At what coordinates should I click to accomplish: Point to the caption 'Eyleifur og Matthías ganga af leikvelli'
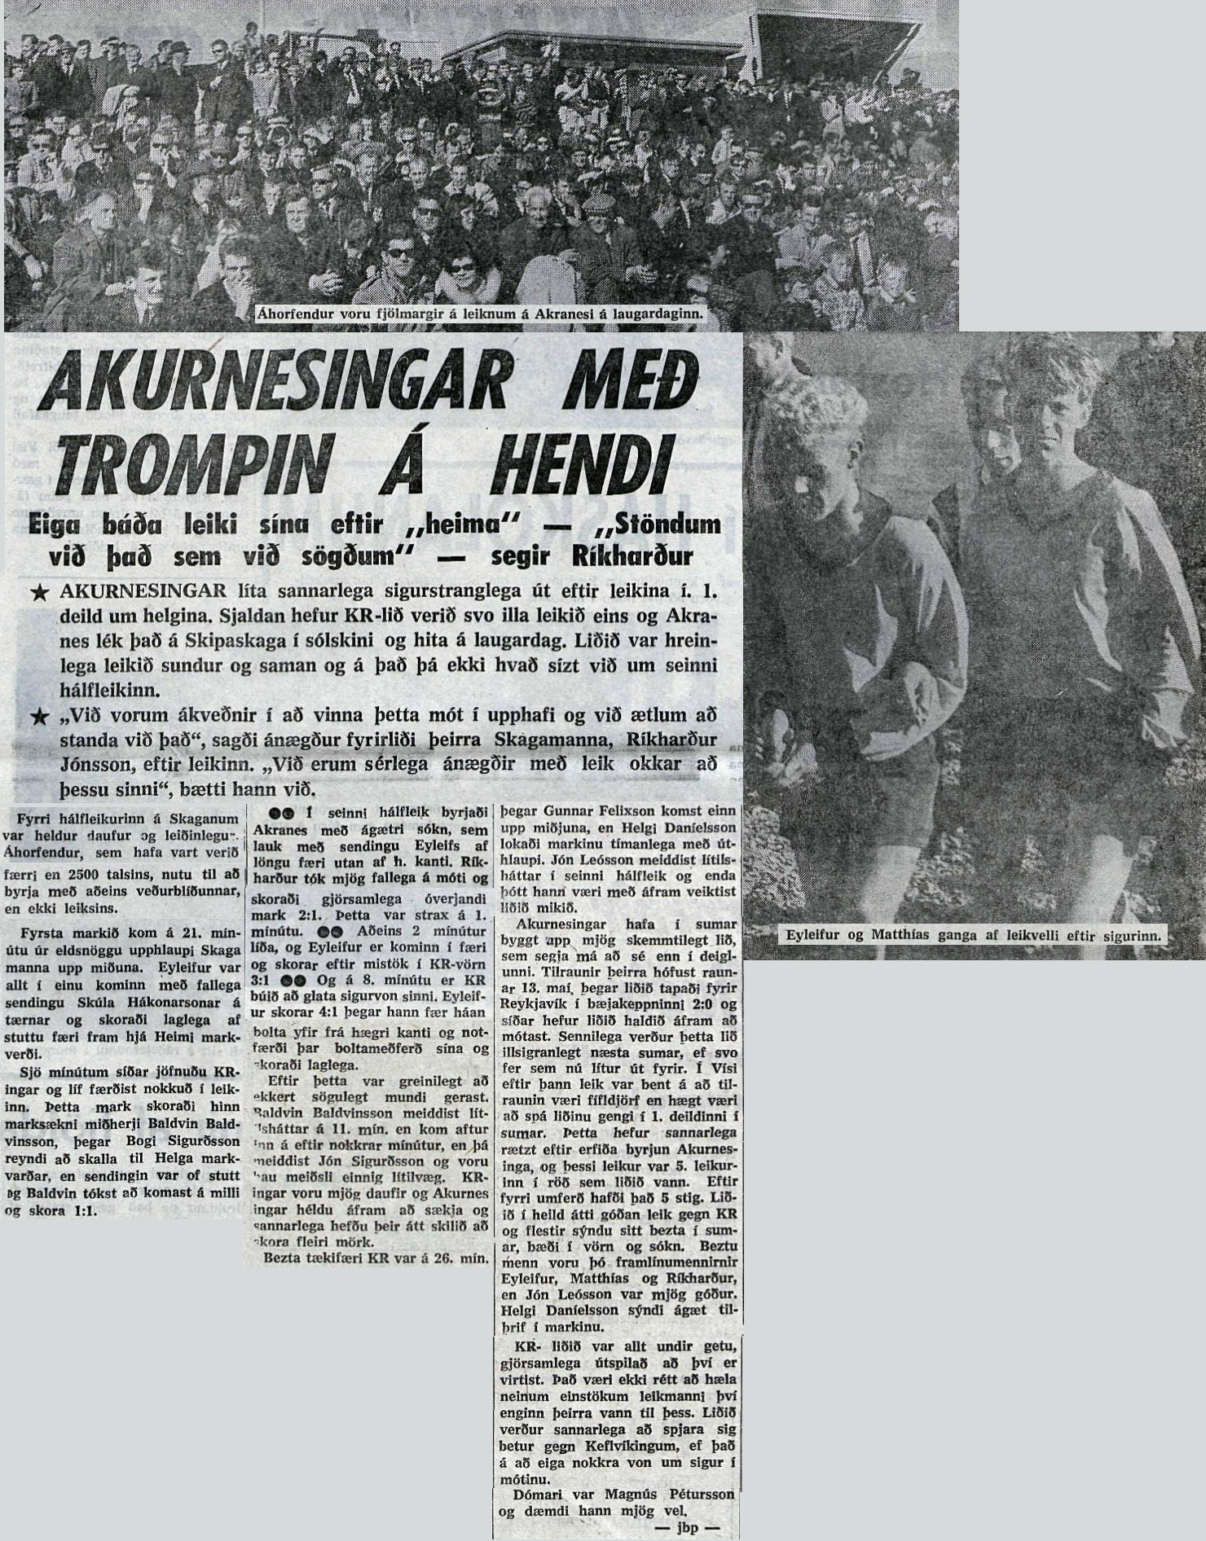(x=975, y=936)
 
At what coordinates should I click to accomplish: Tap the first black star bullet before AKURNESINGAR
(x=37, y=594)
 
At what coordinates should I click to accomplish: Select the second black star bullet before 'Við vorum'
(x=37, y=716)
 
